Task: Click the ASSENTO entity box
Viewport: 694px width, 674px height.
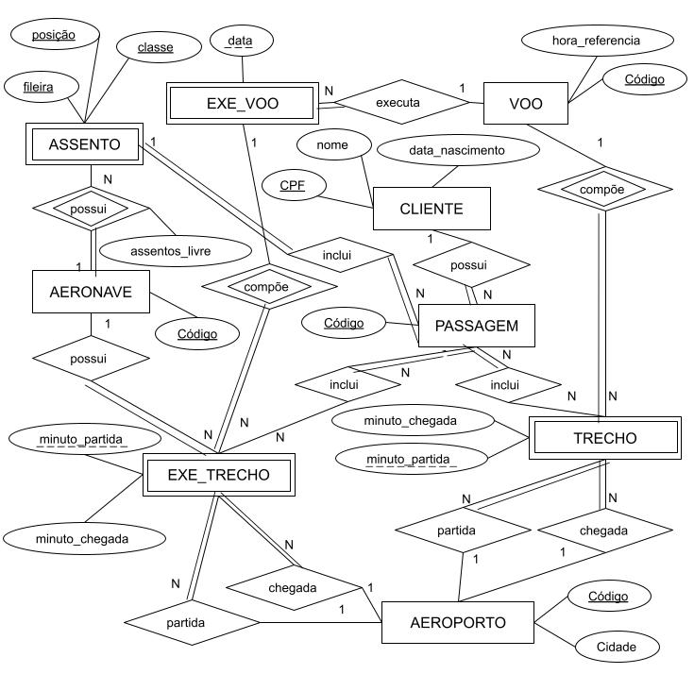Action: (84, 144)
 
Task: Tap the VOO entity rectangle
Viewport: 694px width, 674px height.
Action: (525, 103)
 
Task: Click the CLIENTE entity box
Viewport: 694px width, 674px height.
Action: (432, 209)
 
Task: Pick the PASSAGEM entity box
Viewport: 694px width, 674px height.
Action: (477, 325)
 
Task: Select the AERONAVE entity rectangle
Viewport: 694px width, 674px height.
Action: (91, 292)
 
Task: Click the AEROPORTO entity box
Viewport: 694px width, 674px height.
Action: (458, 622)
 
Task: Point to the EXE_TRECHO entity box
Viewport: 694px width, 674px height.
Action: (218, 475)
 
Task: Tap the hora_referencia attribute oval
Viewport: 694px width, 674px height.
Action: (596, 41)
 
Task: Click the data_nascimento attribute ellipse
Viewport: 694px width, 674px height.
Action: (456, 150)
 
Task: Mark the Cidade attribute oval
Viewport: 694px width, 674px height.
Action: (615, 647)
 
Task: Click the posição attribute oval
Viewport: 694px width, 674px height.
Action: (53, 35)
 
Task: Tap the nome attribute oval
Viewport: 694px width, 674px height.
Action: (331, 144)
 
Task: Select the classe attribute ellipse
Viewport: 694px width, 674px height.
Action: (155, 46)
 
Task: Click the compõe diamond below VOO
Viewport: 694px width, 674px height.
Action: (601, 190)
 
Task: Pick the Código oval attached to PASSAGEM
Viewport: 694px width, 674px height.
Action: (344, 323)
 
